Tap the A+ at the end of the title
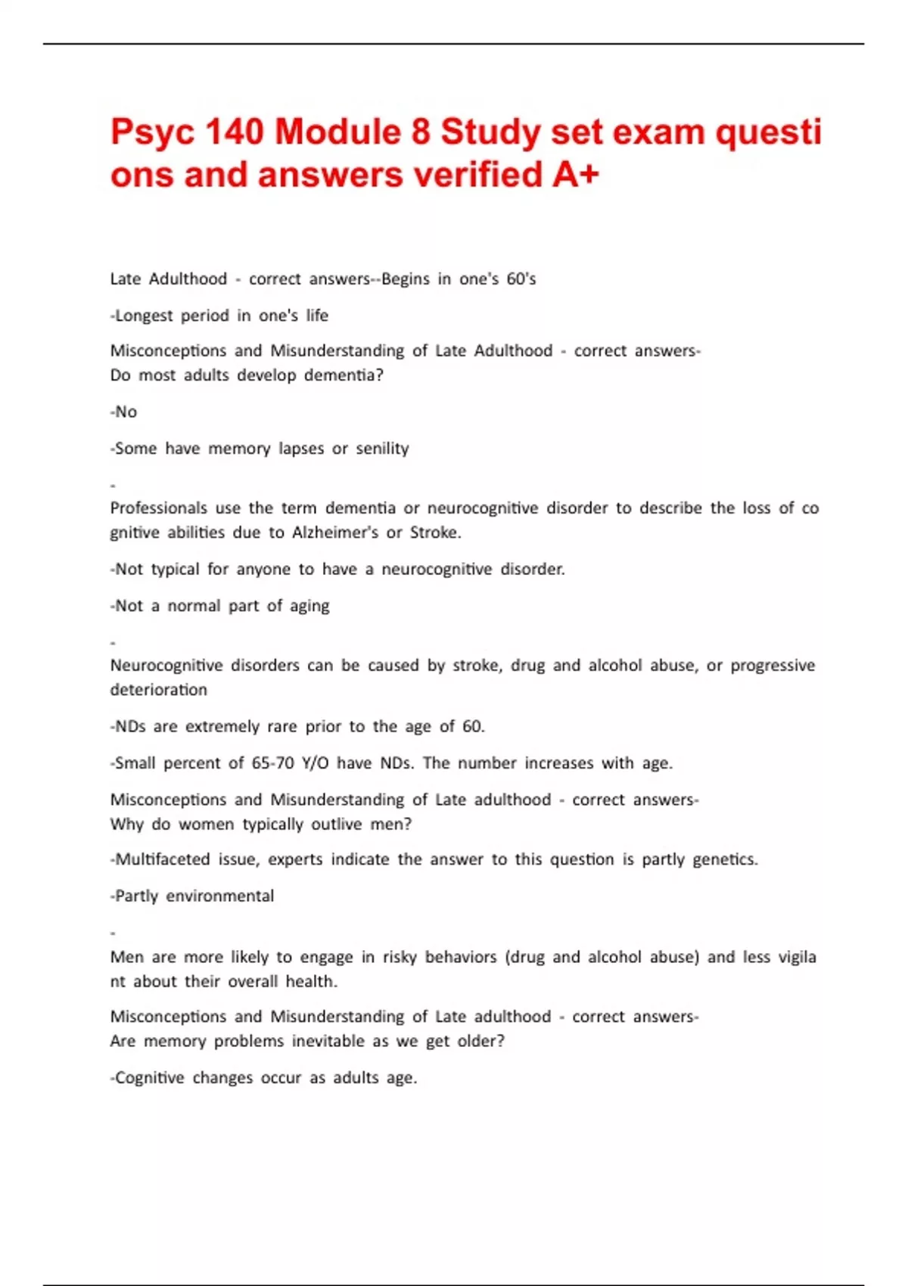coord(576,176)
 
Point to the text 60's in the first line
coord(521,279)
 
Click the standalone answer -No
coord(124,412)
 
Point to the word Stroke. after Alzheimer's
coord(435,533)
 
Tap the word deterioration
coord(158,690)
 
